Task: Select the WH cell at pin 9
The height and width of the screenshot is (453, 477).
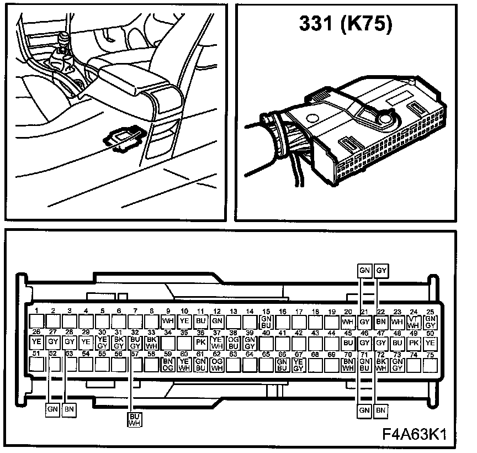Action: [x=168, y=321]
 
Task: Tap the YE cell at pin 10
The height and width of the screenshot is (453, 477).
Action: [x=185, y=321]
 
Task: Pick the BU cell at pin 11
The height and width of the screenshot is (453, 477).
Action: [x=201, y=321]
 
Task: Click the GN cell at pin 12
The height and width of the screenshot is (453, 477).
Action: [x=217, y=321]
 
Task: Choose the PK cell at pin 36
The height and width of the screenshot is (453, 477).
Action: [x=201, y=343]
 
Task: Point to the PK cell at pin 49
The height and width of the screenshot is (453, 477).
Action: [x=414, y=343]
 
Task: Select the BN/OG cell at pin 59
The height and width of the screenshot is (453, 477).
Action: [x=168, y=364]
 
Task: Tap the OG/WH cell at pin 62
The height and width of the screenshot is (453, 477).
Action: [x=217, y=364]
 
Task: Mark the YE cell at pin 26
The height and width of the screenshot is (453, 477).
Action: [x=37, y=343]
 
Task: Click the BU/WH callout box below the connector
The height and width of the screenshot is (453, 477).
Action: [x=134, y=419]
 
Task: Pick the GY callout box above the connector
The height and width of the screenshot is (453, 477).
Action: [x=381, y=271]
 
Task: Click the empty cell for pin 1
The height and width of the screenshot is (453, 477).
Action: [x=37, y=321]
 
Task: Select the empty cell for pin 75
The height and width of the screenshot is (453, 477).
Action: [x=430, y=364]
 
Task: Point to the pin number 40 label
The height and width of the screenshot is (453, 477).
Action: [x=266, y=333]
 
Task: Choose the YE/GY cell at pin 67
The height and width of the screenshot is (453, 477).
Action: [x=299, y=364]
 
